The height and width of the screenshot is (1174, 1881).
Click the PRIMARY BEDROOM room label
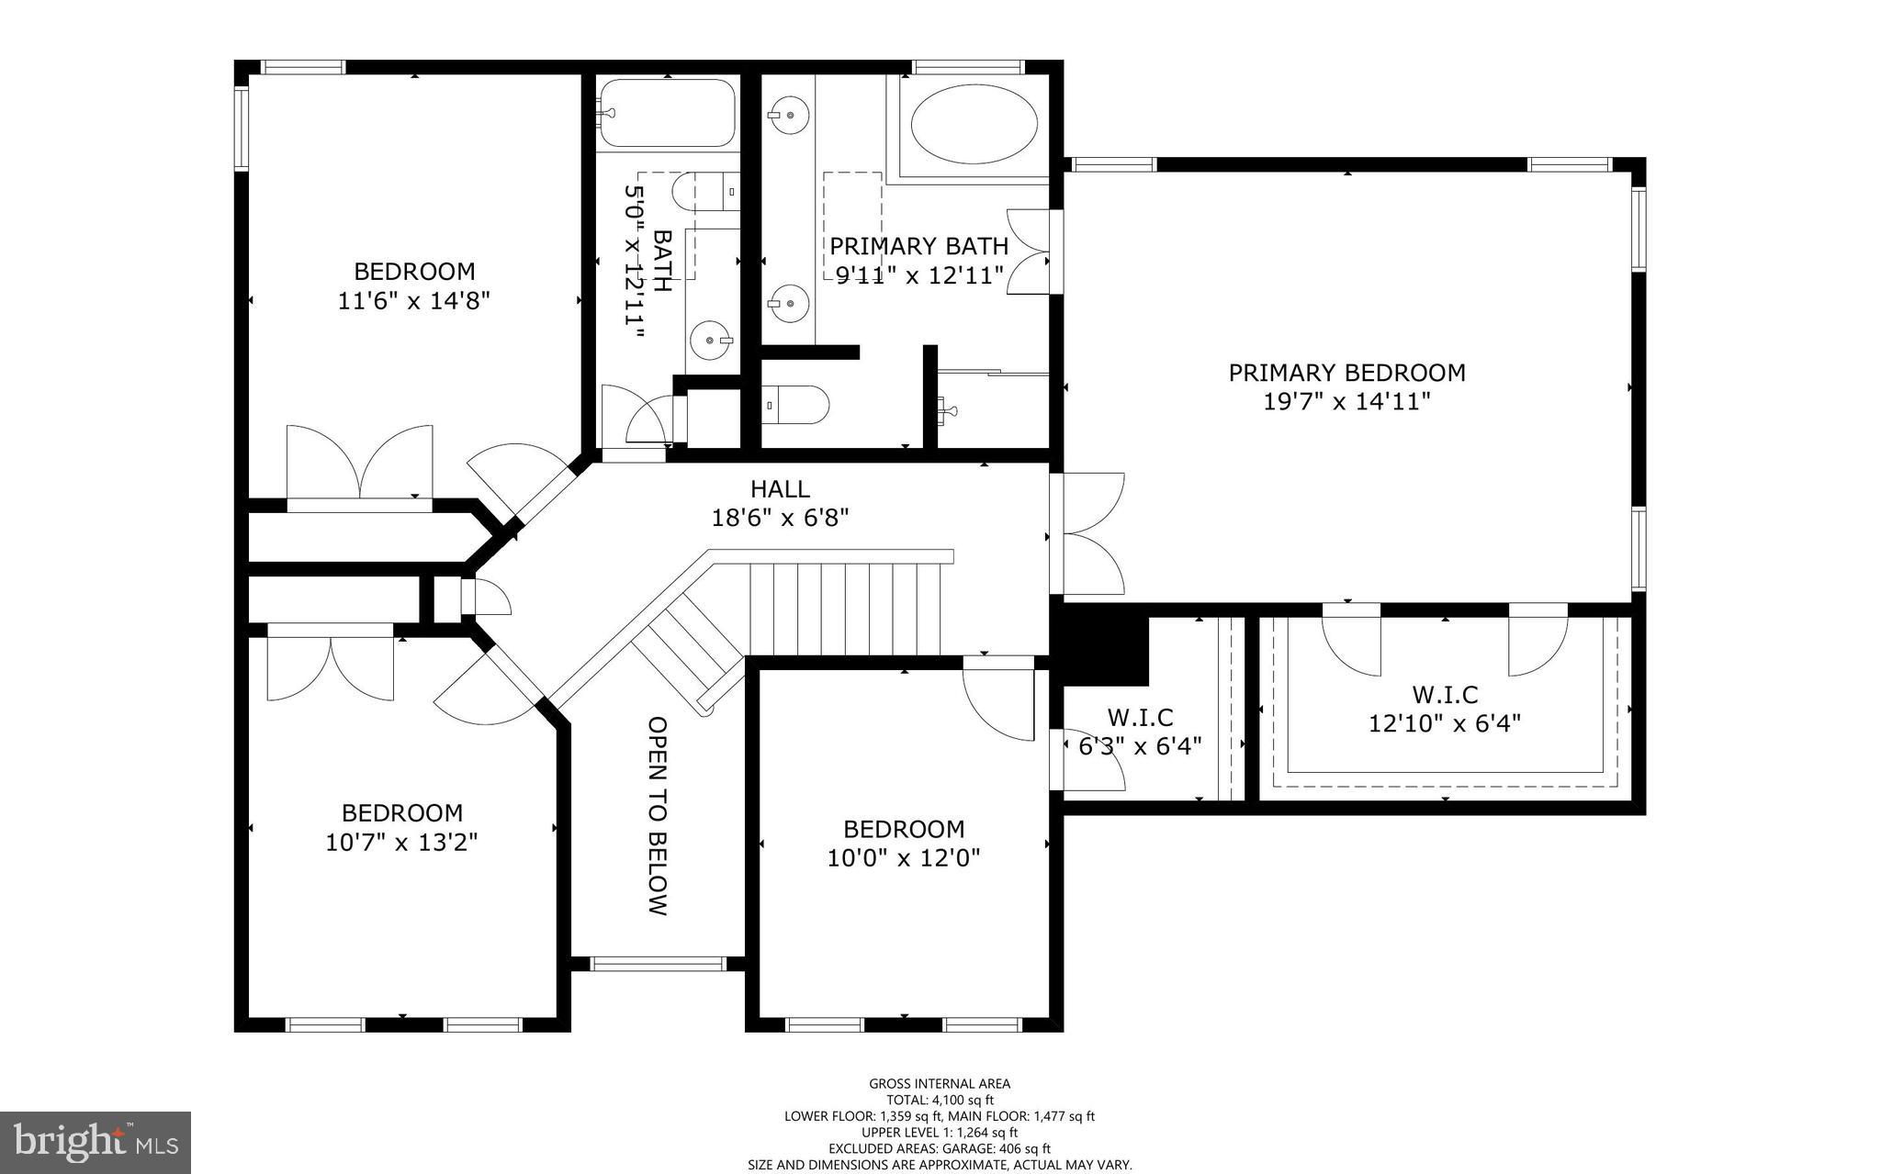pos(1346,373)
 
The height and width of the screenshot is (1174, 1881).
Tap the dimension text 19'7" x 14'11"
pos(1346,402)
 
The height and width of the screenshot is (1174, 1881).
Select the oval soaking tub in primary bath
pos(974,126)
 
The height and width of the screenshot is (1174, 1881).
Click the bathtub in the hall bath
pos(668,113)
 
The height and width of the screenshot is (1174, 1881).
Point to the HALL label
pos(780,488)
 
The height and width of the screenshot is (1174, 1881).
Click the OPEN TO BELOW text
pos(658,815)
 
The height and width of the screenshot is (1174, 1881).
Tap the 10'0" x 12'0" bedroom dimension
pos(904,858)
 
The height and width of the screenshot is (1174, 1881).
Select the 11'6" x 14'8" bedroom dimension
pos(414,301)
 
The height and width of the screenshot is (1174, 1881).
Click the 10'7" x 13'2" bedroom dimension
pos(401,842)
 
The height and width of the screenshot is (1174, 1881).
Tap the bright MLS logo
pos(96,1143)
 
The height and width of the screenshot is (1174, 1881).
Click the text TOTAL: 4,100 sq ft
pos(940,1100)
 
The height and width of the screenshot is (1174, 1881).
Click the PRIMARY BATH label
pos(918,246)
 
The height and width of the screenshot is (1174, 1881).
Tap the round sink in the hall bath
pos(713,341)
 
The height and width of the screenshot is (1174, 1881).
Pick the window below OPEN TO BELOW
pos(658,964)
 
